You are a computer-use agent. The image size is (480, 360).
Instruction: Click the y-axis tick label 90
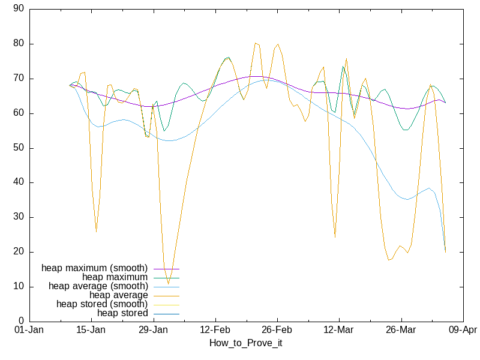tap(19, 9)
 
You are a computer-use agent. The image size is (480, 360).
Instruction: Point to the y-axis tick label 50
tap(19, 148)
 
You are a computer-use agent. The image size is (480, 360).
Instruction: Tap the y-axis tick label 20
tap(19, 252)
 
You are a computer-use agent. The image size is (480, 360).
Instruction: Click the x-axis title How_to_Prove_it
tap(245, 343)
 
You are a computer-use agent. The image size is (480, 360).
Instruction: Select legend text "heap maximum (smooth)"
tap(94, 268)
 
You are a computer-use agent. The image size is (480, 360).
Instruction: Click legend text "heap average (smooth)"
tap(98, 286)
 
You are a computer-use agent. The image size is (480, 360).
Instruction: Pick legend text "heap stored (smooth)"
tap(102, 304)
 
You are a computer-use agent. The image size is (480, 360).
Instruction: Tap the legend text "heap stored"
tap(122, 313)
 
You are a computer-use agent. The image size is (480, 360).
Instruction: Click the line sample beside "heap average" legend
tap(167, 295)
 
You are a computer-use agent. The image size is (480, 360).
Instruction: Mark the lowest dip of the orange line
tap(168, 283)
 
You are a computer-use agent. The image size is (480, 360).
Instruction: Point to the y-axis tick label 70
tap(19, 79)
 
